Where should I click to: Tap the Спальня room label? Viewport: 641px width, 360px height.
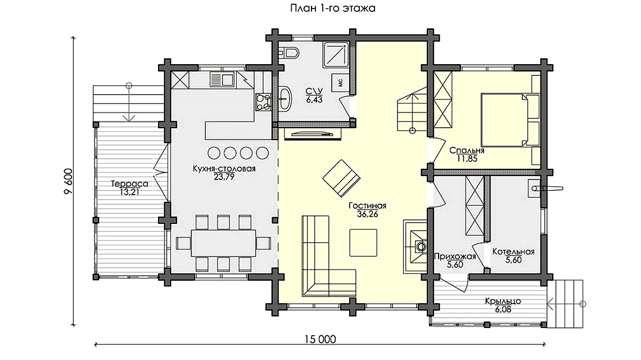click(x=467, y=151)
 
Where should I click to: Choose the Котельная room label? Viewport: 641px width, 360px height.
click(x=512, y=252)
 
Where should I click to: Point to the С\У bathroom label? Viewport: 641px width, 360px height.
click(x=313, y=91)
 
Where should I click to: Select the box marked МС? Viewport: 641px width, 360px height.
click(x=341, y=82)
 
